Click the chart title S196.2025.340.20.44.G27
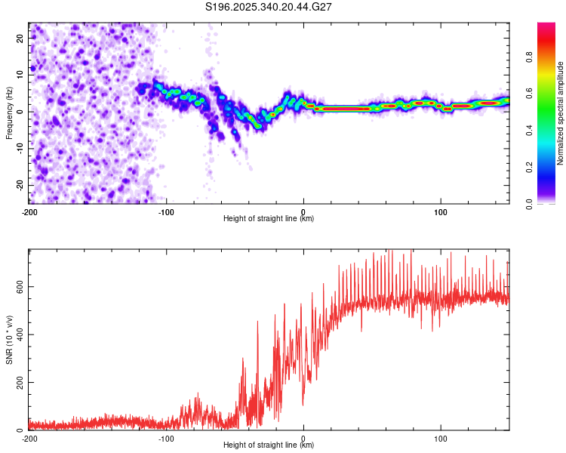(x=269, y=7)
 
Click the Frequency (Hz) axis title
(x=9, y=112)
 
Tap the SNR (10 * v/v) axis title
(x=9, y=339)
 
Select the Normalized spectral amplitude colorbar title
(x=561, y=112)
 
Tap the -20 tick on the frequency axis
(x=20, y=185)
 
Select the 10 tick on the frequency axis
(x=21, y=74)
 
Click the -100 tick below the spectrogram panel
(x=166, y=211)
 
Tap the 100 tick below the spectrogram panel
(x=441, y=211)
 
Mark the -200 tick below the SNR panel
(x=29, y=438)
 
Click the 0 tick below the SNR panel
(x=303, y=438)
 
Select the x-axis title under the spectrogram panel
(x=269, y=219)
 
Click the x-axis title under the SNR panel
(x=269, y=446)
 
